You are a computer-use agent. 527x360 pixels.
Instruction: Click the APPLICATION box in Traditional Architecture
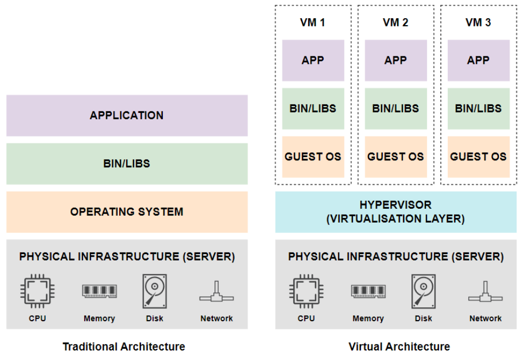tap(127, 115)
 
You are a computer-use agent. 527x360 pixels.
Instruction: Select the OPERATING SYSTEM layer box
tap(127, 212)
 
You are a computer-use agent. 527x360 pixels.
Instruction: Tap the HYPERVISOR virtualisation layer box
tap(396, 212)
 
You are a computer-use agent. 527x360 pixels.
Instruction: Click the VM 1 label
tap(312, 22)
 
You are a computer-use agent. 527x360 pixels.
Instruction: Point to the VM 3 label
tap(478, 22)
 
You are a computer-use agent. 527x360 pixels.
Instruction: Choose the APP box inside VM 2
tap(396, 61)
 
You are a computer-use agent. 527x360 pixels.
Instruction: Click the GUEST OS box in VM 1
tap(313, 157)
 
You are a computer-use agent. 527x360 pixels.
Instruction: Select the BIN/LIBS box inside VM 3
tap(479, 109)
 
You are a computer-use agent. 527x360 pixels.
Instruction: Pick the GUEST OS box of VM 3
tap(479, 157)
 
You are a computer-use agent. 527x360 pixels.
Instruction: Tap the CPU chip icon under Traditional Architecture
tap(37, 291)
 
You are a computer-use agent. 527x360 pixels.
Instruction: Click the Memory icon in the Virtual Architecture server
tap(368, 291)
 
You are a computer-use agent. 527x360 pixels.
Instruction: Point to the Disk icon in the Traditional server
tap(154, 291)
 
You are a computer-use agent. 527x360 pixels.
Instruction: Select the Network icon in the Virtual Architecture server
tap(485, 292)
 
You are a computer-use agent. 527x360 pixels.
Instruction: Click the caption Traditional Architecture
tap(123, 347)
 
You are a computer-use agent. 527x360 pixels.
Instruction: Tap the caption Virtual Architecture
tap(399, 347)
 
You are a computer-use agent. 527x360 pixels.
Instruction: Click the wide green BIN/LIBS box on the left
tap(127, 163)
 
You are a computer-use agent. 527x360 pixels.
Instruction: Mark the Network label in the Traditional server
tap(217, 318)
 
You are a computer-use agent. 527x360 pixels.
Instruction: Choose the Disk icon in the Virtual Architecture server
tap(424, 291)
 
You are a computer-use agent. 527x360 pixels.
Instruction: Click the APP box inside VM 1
tap(313, 61)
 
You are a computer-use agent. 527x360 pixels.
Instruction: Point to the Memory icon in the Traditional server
tap(100, 291)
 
